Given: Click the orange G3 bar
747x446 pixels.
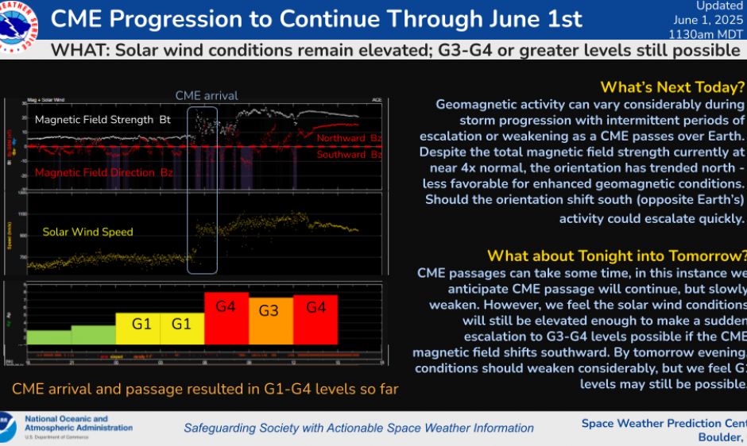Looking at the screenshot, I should click(x=270, y=319).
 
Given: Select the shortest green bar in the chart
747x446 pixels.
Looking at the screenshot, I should click(x=48, y=336).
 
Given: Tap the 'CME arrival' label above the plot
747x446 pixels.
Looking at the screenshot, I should click(x=206, y=95).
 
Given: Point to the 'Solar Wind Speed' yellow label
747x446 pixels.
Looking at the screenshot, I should click(x=87, y=232).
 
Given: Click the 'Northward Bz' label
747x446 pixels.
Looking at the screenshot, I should click(x=348, y=138).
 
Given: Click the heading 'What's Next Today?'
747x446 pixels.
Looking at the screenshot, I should click(x=672, y=87).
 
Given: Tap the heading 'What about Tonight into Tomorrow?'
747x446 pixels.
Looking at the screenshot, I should click(x=617, y=256).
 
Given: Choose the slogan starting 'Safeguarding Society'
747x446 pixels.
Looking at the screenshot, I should click(x=358, y=429).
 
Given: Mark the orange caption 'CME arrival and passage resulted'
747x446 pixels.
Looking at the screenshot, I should click(x=205, y=389).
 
